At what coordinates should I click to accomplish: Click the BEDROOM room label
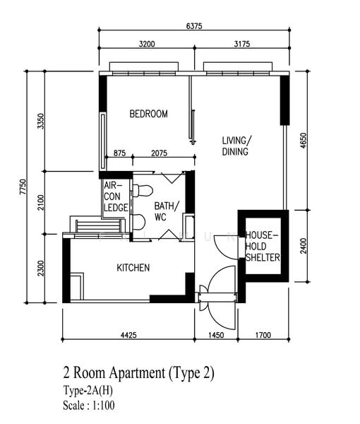(x=148, y=114)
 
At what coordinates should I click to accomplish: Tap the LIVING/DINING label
(x=236, y=146)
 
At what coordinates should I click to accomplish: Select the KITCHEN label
(x=133, y=268)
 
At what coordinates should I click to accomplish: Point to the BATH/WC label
(x=167, y=211)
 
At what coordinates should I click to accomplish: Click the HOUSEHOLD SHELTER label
(x=263, y=246)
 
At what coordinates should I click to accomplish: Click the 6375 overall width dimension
(x=195, y=26)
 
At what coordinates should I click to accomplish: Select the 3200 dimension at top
(x=147, y=44)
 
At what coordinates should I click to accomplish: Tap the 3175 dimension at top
(x=242, y=44)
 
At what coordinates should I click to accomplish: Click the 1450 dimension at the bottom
(x=215, y=335)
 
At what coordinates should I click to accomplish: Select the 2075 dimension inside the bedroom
(x=160, y=153)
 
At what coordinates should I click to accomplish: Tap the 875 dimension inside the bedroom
(x=119, y=153)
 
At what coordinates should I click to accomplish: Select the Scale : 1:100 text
(x=88, y=406)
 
